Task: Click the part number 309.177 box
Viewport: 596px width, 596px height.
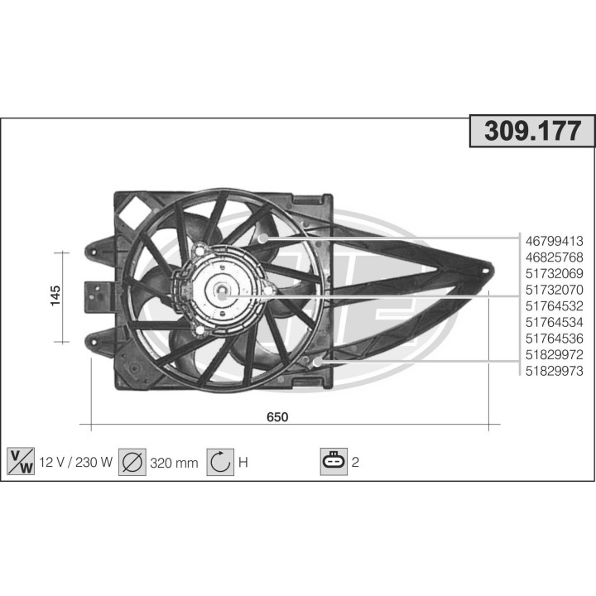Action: [x=532, y=131]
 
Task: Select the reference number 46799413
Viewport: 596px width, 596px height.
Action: [x=555, y=242]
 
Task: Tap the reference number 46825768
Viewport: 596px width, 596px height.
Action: [x=555, y=257]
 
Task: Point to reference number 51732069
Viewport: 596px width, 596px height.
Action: [x=555, y=274]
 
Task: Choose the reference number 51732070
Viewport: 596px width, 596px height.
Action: [x=555, y=290]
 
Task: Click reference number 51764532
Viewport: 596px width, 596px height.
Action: [x=555, y=306]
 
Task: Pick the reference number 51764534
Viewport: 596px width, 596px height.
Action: [x=555, y=322]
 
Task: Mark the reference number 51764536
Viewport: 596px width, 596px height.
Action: [x=555, y=338]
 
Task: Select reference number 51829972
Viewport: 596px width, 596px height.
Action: [x=555, y=353]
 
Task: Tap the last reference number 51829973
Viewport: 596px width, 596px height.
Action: [x=555, y=370]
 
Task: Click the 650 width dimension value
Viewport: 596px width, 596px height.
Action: [x=277, y=417]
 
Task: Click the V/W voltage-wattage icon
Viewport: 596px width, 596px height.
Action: [x=20, y=462]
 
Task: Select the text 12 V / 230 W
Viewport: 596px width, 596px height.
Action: [x=75, y=463]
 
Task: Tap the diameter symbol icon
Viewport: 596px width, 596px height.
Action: [x=132, y=462]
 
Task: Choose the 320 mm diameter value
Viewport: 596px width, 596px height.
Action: [x=174, y=463]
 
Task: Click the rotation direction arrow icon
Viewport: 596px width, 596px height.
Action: [x=221, y=462]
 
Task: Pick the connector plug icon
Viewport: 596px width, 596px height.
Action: [x=333, y=462]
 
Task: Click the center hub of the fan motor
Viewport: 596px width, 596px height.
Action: [x=223, y=291]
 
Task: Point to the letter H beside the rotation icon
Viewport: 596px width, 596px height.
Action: [x=243, y=463]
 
